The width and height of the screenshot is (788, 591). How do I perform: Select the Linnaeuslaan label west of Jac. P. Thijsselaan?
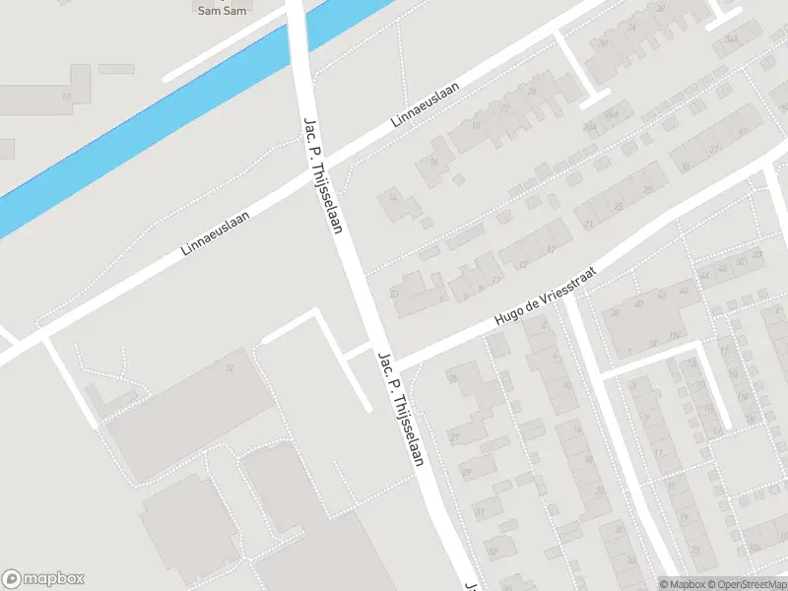point(215,232)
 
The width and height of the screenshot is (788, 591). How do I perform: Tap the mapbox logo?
point(43,578)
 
